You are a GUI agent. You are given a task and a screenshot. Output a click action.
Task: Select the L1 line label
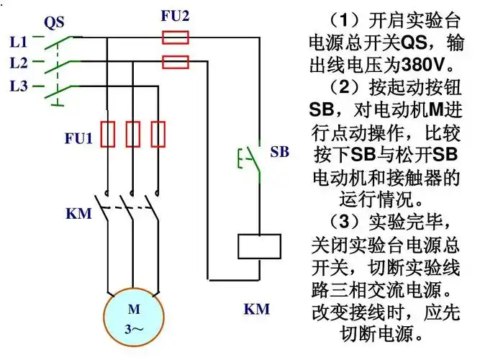point(19,42)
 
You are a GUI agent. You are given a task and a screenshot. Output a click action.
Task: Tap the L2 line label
point(19,63)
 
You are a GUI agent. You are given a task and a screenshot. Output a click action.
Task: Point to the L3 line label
point(19,86)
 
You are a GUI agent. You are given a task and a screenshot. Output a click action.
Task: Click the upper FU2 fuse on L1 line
point(176,37)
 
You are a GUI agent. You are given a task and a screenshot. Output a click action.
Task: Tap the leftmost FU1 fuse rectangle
point(107,135)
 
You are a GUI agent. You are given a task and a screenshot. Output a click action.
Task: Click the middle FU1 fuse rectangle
point(132,135)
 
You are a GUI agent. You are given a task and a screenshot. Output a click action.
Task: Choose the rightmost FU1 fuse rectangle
point(158,135)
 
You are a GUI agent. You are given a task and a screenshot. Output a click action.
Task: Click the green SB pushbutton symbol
point(248,158)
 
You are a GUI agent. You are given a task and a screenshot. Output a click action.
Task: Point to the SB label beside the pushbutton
point(279,153)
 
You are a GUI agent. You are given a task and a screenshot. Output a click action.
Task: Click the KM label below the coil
point(256,310)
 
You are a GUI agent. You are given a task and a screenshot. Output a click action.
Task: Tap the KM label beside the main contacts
point(78,213)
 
